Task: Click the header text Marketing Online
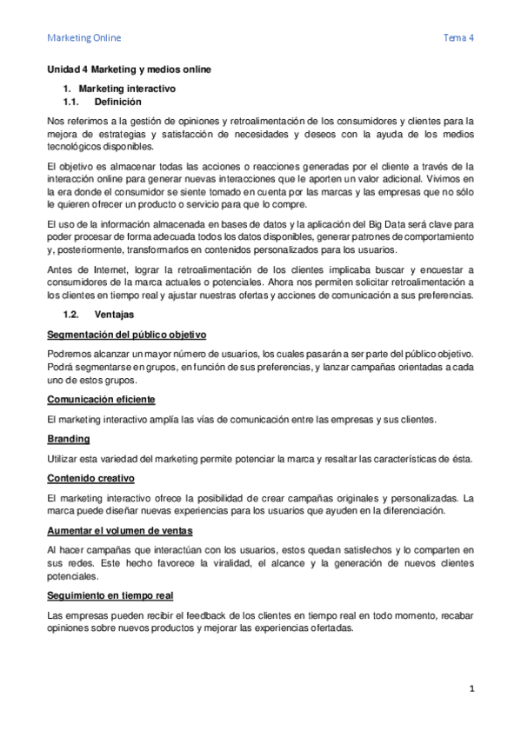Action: coord(84,38)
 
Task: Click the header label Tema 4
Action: coord(458,38)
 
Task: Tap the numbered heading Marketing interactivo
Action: coord(127,89)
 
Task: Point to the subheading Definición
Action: coord(117,102)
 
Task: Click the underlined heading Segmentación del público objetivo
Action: coord(126,335)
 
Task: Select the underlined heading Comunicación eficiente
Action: coord(101,399)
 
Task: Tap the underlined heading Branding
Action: coord(68,440)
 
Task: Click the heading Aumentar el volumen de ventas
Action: coord(120,530)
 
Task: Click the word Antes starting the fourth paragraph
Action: coord(61,269)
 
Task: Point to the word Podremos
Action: coord(70,354)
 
